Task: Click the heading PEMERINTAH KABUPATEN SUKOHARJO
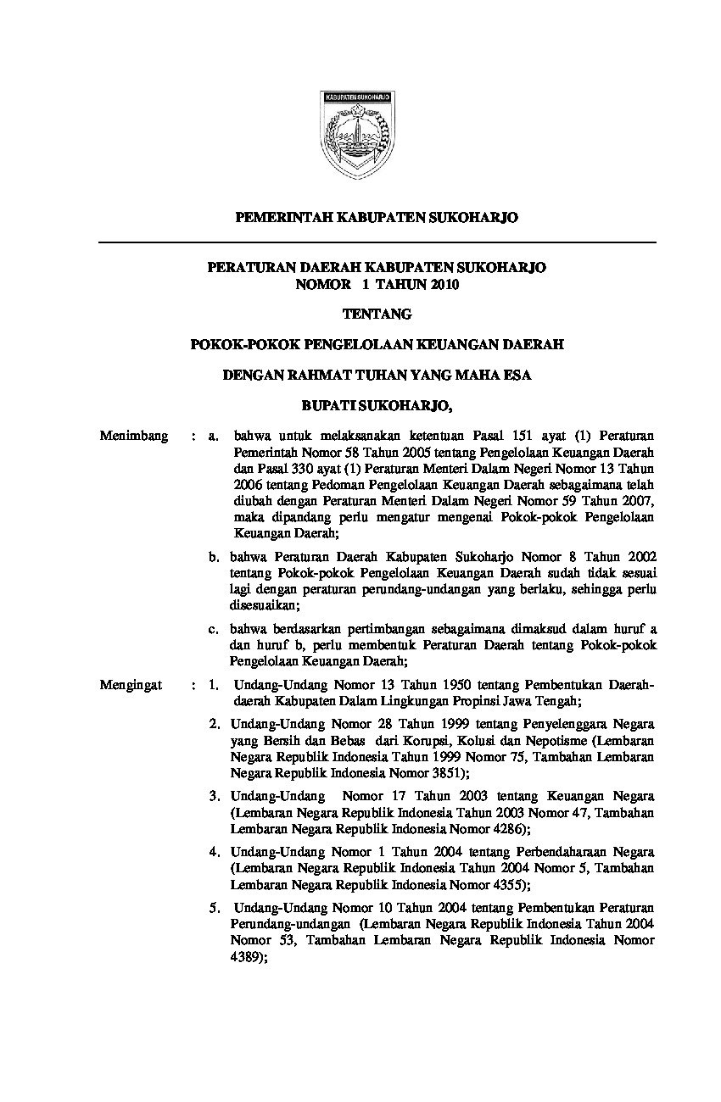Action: pyautogui.click(x=376, y=218)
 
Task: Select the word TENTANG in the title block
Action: pyautogui.click(x=377, y=314)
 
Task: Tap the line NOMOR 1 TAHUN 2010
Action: pyautogui.click(x=377, y=285)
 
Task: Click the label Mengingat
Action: pyautogui.click(x=131, y=685)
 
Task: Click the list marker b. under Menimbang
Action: pyautogui.click(x=215, y=557)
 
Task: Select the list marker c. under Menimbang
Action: pyautogui.click(x=215, y=629)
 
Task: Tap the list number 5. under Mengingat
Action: pyautogui.click(x=215, y=908)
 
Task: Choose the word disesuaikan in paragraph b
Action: pyautogui.click(x=264, y=605)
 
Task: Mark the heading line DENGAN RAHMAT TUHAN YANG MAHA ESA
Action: pyautogui.click(x=377, y=376)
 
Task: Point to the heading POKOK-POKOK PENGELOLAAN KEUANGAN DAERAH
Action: pyautogui.click(x=377, y=345)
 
